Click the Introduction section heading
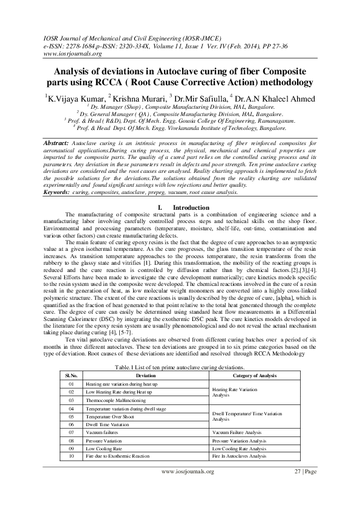pos(191,207)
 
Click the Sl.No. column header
pos(71,375)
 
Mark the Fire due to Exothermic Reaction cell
pos(117,456)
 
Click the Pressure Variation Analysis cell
pos(241,440)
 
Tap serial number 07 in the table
pos(71,432)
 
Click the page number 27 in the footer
pos(297,472)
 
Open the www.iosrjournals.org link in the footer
pos(187,472)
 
